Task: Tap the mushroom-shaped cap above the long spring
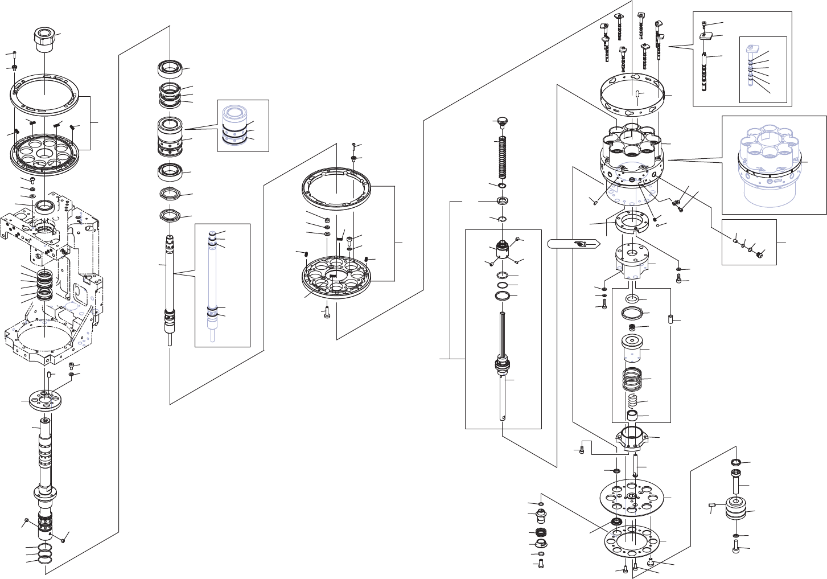point(501,121)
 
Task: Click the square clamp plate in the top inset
point(706,36)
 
